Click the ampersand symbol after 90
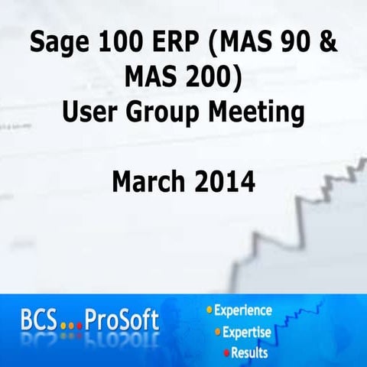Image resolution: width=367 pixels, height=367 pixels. point(329,43)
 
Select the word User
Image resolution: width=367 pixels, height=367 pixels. point(92,113)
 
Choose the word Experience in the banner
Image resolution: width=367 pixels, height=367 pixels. point(242,310)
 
